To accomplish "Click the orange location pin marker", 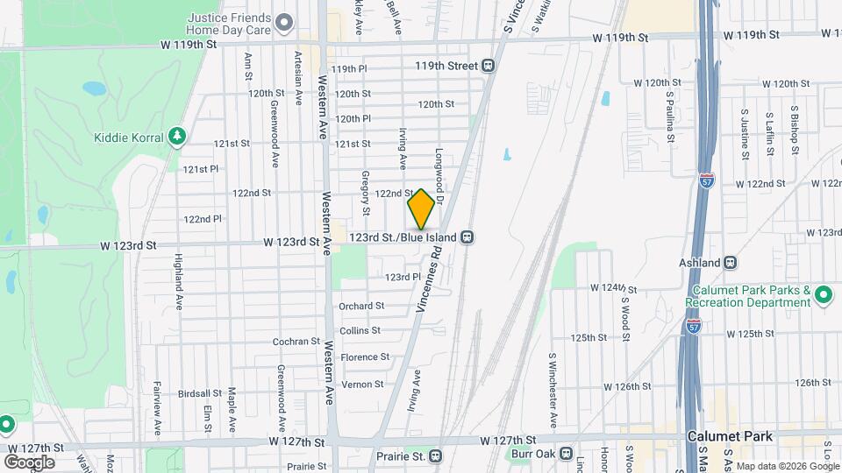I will pyautogui.click(x=421, y=209).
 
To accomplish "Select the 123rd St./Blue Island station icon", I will pyautogui.click(x=468, y=237).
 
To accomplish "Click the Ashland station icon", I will pyautogui.click(x=731, y=263).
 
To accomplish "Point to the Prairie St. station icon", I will pyautogui.click(x=436, y=456).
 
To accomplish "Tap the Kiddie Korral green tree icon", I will pyautogui.click(x=178, y=137).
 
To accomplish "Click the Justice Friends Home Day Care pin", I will pyautogui.click(x=283, y=23).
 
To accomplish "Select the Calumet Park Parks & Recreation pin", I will pyautogui.click(x=822, y=295).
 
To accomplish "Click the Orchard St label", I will pyautogui.click(x=361, y=306).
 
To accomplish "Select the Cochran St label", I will pyautogui.click(x=296, y=342).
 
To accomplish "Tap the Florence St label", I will pyautogui.click(x=365, y=357).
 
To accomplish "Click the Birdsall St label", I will pyautogui.click(x=198, y=394).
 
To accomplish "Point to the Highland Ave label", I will pyautogui.click(x=177, y=272).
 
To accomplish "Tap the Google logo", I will pyautogui.click(x=29, y=462).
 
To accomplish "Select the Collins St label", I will pyautogui.click(x=360, y=331).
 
